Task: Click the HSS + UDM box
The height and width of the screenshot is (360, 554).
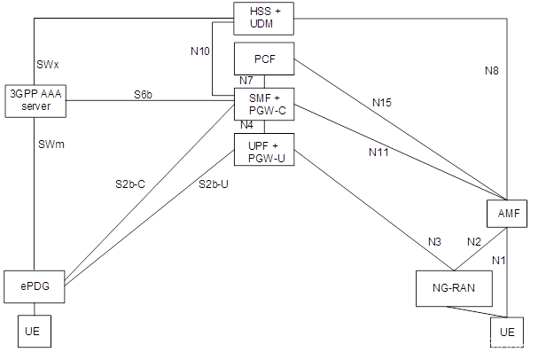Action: pos(263,17)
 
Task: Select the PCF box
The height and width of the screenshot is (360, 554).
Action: pos(263,59)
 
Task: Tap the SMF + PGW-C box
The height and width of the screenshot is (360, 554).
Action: pos(263,103)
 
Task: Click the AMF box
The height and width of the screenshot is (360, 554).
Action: pos(507,215)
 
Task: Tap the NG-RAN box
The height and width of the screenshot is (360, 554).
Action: pos(453,288)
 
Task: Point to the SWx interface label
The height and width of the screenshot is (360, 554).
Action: pos(48,66)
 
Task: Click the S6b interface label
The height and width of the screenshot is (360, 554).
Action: pos(144,93)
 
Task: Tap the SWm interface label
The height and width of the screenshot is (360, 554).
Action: pos(51,144)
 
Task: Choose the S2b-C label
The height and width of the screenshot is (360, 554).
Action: pos(129,184)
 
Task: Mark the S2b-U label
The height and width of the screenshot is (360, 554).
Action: pos(213,184)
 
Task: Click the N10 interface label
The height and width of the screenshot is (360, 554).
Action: pos(200,51)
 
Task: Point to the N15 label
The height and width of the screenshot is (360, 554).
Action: pos(381,103)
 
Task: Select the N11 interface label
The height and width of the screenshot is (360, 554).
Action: pos(378,152)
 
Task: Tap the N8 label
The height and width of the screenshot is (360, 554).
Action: pos(493,70)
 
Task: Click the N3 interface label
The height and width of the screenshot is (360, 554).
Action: pos(434,242)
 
